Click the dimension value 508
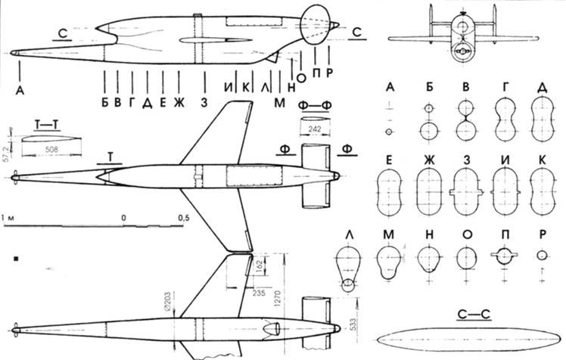coord(51,149)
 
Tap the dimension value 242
coord(315,129)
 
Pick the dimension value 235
coord(259,293)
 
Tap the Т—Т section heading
coord(47,125)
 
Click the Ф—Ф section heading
coord(315,104)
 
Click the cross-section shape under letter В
coord(466,120)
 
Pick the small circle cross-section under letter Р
coord(542,256)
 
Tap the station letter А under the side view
coord(20,91)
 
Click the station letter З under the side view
coord(204,103)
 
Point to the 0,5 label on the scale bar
coord(183,218)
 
